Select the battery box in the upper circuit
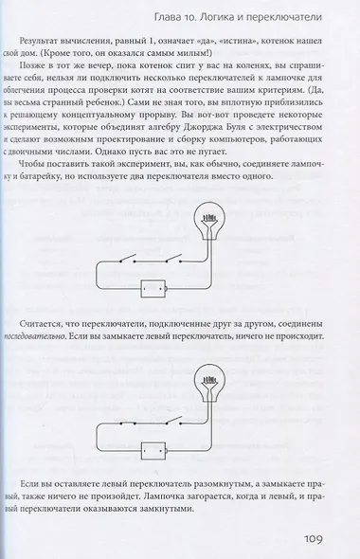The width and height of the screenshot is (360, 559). point(153,288)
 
